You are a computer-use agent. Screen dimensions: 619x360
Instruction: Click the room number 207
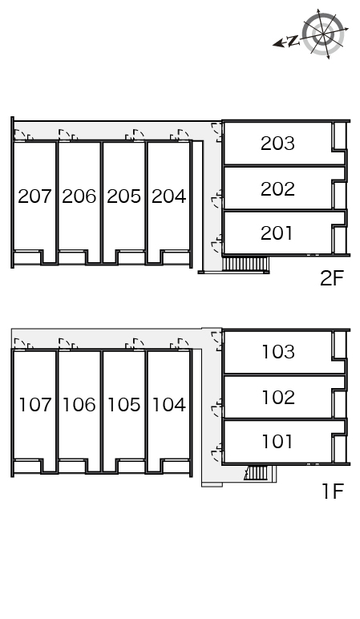(x=34, y=196)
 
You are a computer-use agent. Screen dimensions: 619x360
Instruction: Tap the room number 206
(x=79, y=196)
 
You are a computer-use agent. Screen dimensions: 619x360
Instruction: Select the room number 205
(x=123, y=196)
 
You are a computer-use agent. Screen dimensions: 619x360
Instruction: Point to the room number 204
(x=168, y=196)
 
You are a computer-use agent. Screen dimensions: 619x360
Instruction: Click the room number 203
(x=277, y=144)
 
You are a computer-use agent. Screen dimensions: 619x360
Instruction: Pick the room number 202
(x=277, y=189)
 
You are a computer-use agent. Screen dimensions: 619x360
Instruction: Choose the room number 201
(x=277, y=233)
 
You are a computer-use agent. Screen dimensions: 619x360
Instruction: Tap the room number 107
(x=34, y=405)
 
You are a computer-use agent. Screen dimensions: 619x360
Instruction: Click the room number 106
(x=79, y=405)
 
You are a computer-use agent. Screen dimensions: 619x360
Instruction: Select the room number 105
(x=123, y=405)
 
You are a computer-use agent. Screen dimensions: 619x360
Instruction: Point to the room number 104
(x=168, y=405)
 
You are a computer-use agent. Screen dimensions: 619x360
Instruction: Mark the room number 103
(x=277, y=352)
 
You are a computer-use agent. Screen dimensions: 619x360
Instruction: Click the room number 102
(x=277, y=398)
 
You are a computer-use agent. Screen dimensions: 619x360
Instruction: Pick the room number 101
(x=277, y=442)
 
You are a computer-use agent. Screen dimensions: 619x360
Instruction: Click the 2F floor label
(x=331, y=279)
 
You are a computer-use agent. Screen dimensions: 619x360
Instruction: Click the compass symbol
(x=326, y=34)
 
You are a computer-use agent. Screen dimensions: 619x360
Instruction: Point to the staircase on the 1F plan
(x=257, y=473)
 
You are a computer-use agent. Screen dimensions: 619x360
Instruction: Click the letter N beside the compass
(x=293, y=40)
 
